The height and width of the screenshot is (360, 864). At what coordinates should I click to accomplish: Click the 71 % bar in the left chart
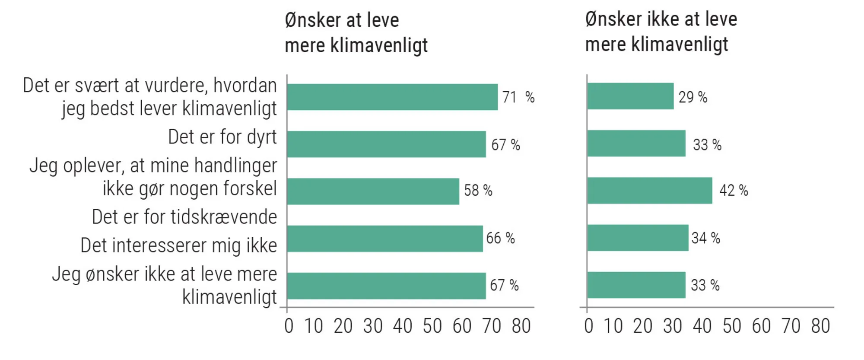point(392,97)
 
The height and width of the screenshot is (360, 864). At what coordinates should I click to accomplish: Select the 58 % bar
point(372,191)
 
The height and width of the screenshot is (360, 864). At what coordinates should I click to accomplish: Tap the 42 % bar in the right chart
point(649,191)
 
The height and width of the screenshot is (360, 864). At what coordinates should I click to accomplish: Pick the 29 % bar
point(630,96)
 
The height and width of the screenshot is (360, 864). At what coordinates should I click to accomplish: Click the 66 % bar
point(384,239)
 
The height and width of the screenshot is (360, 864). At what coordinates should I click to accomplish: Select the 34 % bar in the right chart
point(638,238)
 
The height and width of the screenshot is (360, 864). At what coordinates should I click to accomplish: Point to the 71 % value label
point(518,97)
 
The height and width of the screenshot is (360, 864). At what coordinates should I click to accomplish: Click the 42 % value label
point(733,191)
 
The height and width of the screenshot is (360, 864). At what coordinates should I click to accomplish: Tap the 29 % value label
point(692,97)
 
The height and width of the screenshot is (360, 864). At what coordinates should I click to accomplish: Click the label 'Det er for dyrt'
point(222,137)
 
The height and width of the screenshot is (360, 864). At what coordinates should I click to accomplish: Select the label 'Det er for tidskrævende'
point(184,217)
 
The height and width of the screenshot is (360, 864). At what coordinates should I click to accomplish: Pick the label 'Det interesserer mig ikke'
point(178,245)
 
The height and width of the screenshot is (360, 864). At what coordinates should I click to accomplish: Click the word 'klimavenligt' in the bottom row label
point(229,297)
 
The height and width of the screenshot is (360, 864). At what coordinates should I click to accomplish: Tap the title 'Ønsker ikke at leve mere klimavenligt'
point(661,32)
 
